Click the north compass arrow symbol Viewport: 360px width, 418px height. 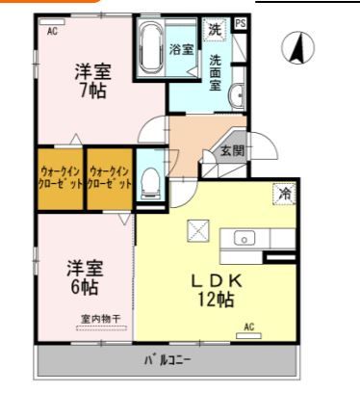299,45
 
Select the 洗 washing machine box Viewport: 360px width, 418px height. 215,28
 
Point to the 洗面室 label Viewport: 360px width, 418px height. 216,72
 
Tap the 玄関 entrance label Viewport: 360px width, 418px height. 230,150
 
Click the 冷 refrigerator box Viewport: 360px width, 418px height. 284,194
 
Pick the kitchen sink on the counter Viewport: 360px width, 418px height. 244,238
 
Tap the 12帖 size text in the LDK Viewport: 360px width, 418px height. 216,300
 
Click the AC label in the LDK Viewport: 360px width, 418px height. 248,327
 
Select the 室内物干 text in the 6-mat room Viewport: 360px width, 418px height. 100,319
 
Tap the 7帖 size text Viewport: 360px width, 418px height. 91,91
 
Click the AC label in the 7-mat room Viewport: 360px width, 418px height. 52,31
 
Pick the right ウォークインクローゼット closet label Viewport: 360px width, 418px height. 109,177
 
